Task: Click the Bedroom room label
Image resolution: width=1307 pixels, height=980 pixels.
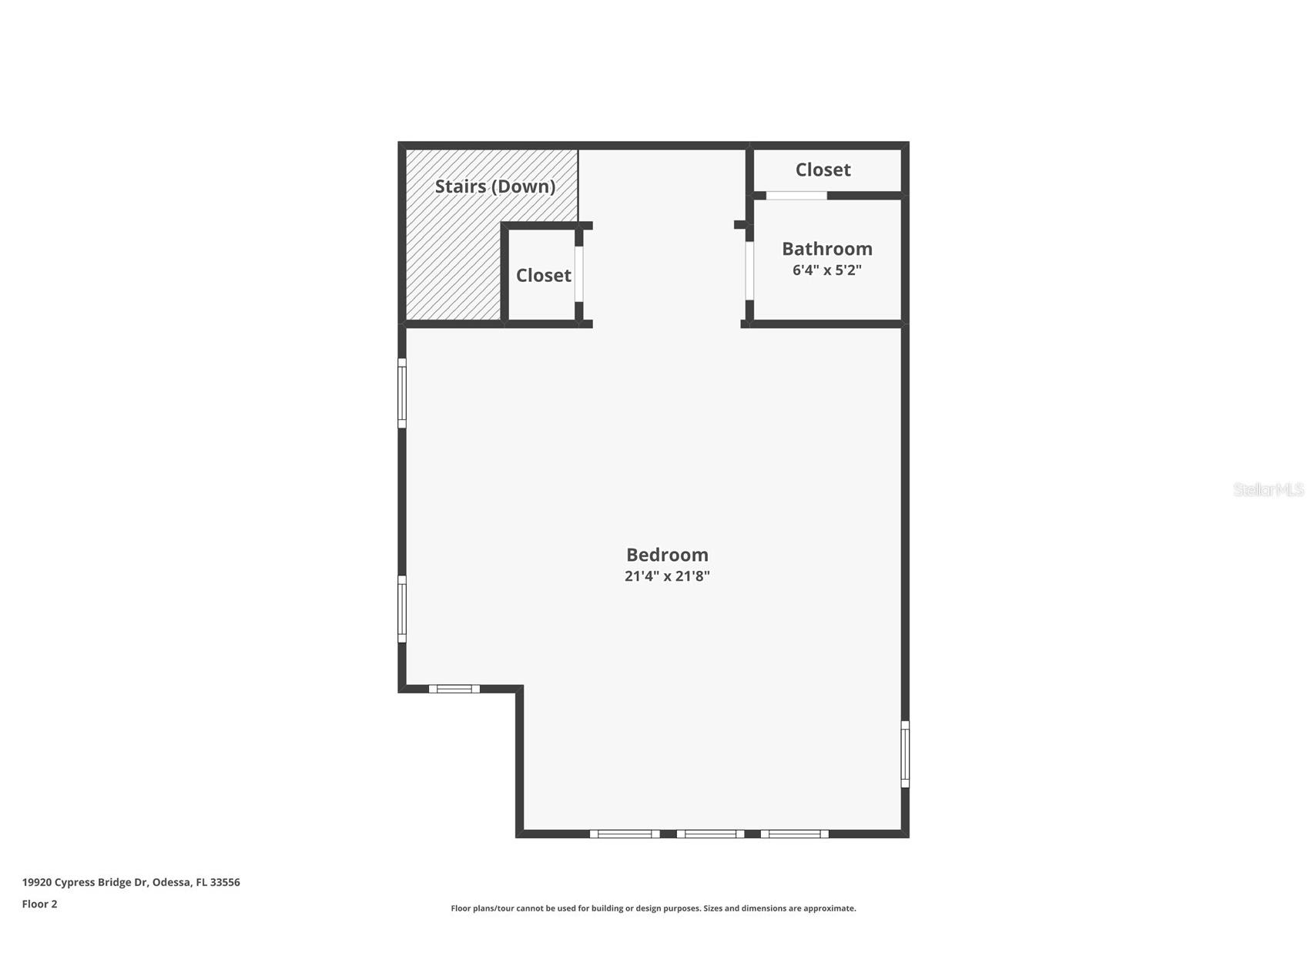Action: click(x=667, y=555)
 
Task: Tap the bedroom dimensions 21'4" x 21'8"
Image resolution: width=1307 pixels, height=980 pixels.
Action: click(x=667, y=576)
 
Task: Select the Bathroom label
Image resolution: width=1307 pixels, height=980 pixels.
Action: click(x=827, y=249)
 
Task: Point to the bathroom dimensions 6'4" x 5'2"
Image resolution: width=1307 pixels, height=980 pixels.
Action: click(x=827, y=270)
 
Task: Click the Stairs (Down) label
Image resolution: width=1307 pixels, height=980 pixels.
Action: click(x=495, y=186)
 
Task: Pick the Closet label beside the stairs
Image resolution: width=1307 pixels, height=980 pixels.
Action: click(x=544, y=275)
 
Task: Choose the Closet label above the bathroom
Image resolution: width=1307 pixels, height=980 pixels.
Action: click(x=823, y=169)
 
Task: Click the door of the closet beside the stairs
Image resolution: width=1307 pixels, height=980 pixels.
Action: click(x=579, y=274)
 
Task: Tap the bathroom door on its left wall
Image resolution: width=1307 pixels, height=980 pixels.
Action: click(x=749, y=270)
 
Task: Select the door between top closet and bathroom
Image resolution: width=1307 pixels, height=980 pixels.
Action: click(x=796, y=196)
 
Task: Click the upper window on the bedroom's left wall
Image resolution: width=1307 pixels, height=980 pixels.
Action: click(x=402, y=393)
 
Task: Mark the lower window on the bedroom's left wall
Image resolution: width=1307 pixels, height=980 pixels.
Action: click(x=402, y=609)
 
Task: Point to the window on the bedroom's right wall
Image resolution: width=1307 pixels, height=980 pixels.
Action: click(x=905, y=754)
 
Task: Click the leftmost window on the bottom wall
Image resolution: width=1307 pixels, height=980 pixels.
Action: click(x=625, y=834)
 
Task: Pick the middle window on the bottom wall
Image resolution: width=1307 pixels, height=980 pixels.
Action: click(x=711, y=834)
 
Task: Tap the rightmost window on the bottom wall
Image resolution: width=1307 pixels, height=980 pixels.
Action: click(x=795, y=834)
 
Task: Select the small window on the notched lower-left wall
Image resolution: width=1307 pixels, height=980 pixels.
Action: click(x=454, y=689)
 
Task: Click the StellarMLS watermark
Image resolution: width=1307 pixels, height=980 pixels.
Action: click(x=1268, y=490)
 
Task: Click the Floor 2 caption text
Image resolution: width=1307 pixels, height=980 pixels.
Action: click(x=39, y=904)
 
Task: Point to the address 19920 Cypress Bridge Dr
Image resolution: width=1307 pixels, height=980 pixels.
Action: click(x=84, y=883)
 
